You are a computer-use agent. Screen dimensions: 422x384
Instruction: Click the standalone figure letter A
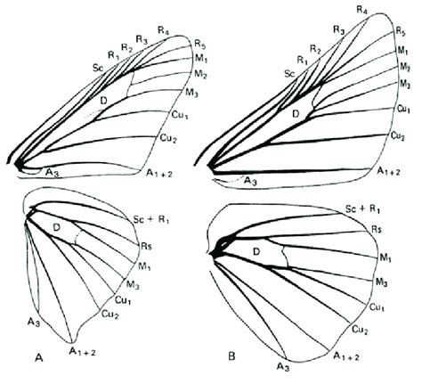(39, 358)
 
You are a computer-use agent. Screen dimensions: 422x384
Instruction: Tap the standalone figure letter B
(231, 356)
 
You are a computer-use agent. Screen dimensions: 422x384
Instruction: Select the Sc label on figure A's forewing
(98, 68)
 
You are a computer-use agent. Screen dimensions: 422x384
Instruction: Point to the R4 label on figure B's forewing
(362, 10)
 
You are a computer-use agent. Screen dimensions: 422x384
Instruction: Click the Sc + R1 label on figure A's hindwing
(151, 220)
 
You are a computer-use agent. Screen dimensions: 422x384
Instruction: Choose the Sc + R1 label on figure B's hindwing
(362, 209)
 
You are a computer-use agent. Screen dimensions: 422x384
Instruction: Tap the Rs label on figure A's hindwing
(147, 246)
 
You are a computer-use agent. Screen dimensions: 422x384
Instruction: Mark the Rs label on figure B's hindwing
(377, 229)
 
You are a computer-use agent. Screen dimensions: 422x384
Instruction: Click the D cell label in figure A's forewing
(103, 101)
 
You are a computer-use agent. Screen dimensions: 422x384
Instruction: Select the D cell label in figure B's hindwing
(256, 252)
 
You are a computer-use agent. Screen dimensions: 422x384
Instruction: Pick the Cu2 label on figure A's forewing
(168, 138)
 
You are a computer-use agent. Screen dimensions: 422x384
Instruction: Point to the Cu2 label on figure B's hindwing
(360, 330)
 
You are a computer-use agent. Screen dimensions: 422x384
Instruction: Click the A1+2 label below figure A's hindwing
(83, 352)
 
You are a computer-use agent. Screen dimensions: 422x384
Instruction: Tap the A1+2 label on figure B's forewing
(389, 171)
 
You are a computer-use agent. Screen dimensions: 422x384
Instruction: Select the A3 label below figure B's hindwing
(283, 367)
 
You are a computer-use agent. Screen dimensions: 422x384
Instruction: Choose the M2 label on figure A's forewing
(200, 74)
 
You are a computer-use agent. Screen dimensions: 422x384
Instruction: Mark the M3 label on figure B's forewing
(405, 85)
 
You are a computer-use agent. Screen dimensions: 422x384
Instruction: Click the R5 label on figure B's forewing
(401, 31)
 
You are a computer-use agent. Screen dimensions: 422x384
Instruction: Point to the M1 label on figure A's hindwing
(144, 266)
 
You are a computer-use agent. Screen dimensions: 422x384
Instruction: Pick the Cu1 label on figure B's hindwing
(377, 307)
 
